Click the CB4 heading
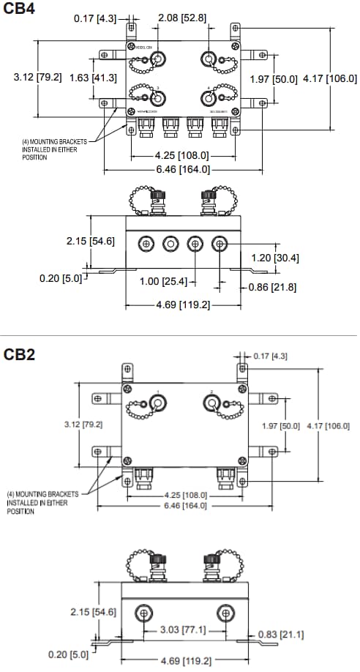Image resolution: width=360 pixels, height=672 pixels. [18, 10]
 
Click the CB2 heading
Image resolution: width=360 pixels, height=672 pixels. [18, 354]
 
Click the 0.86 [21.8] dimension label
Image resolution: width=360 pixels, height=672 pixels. [271, 287]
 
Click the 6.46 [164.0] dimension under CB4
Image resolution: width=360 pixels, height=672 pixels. [183, 169]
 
